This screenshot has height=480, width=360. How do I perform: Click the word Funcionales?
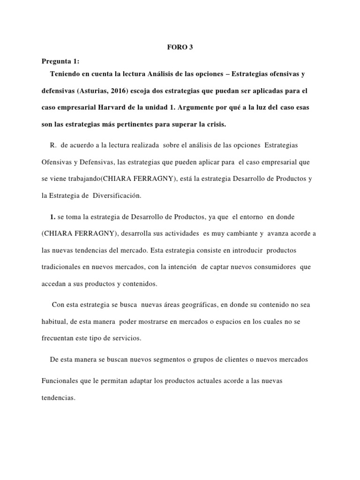tap(60, 381)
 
